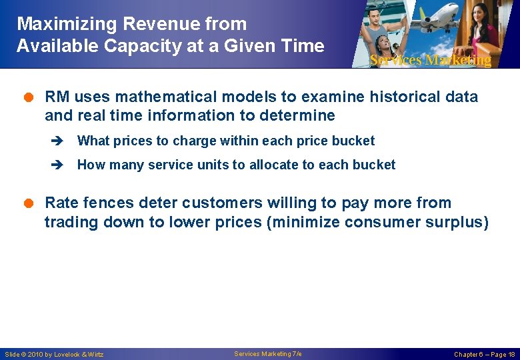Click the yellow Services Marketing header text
[431, 60]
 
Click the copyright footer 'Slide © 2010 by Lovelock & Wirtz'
[54, 354]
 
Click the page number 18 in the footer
[511, 354]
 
